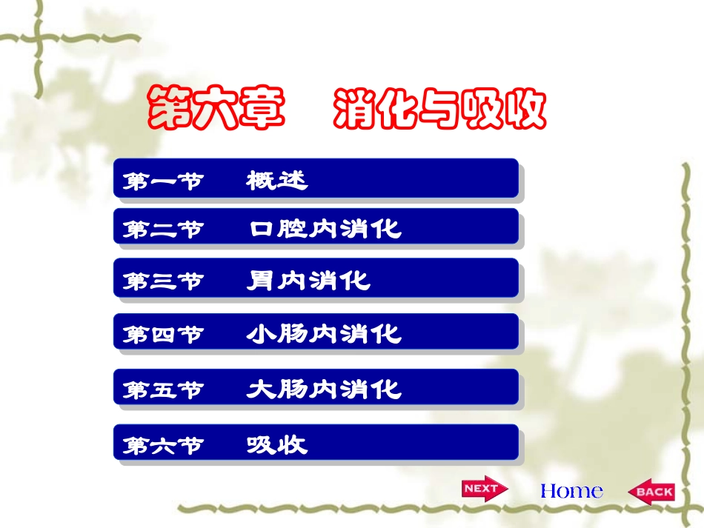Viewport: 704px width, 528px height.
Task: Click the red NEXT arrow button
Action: (484, 489)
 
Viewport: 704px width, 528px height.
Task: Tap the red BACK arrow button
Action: (651, 491)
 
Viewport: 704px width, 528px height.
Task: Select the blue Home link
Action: (571, 490)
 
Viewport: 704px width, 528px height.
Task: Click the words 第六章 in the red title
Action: (216, 108)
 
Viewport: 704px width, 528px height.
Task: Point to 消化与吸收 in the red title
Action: (439, 110)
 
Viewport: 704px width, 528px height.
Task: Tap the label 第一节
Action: (162, 181)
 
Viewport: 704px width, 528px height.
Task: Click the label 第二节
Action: (162, 229)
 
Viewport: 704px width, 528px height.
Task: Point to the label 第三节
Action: (162, 281)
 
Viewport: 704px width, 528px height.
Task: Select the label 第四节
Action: (162, 335)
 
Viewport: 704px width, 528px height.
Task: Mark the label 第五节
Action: (162, 390)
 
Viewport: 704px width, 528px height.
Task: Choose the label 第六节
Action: (162, 445)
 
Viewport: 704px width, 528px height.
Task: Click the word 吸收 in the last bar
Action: (276, 444)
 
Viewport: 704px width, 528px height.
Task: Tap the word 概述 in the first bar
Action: (276, 180)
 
